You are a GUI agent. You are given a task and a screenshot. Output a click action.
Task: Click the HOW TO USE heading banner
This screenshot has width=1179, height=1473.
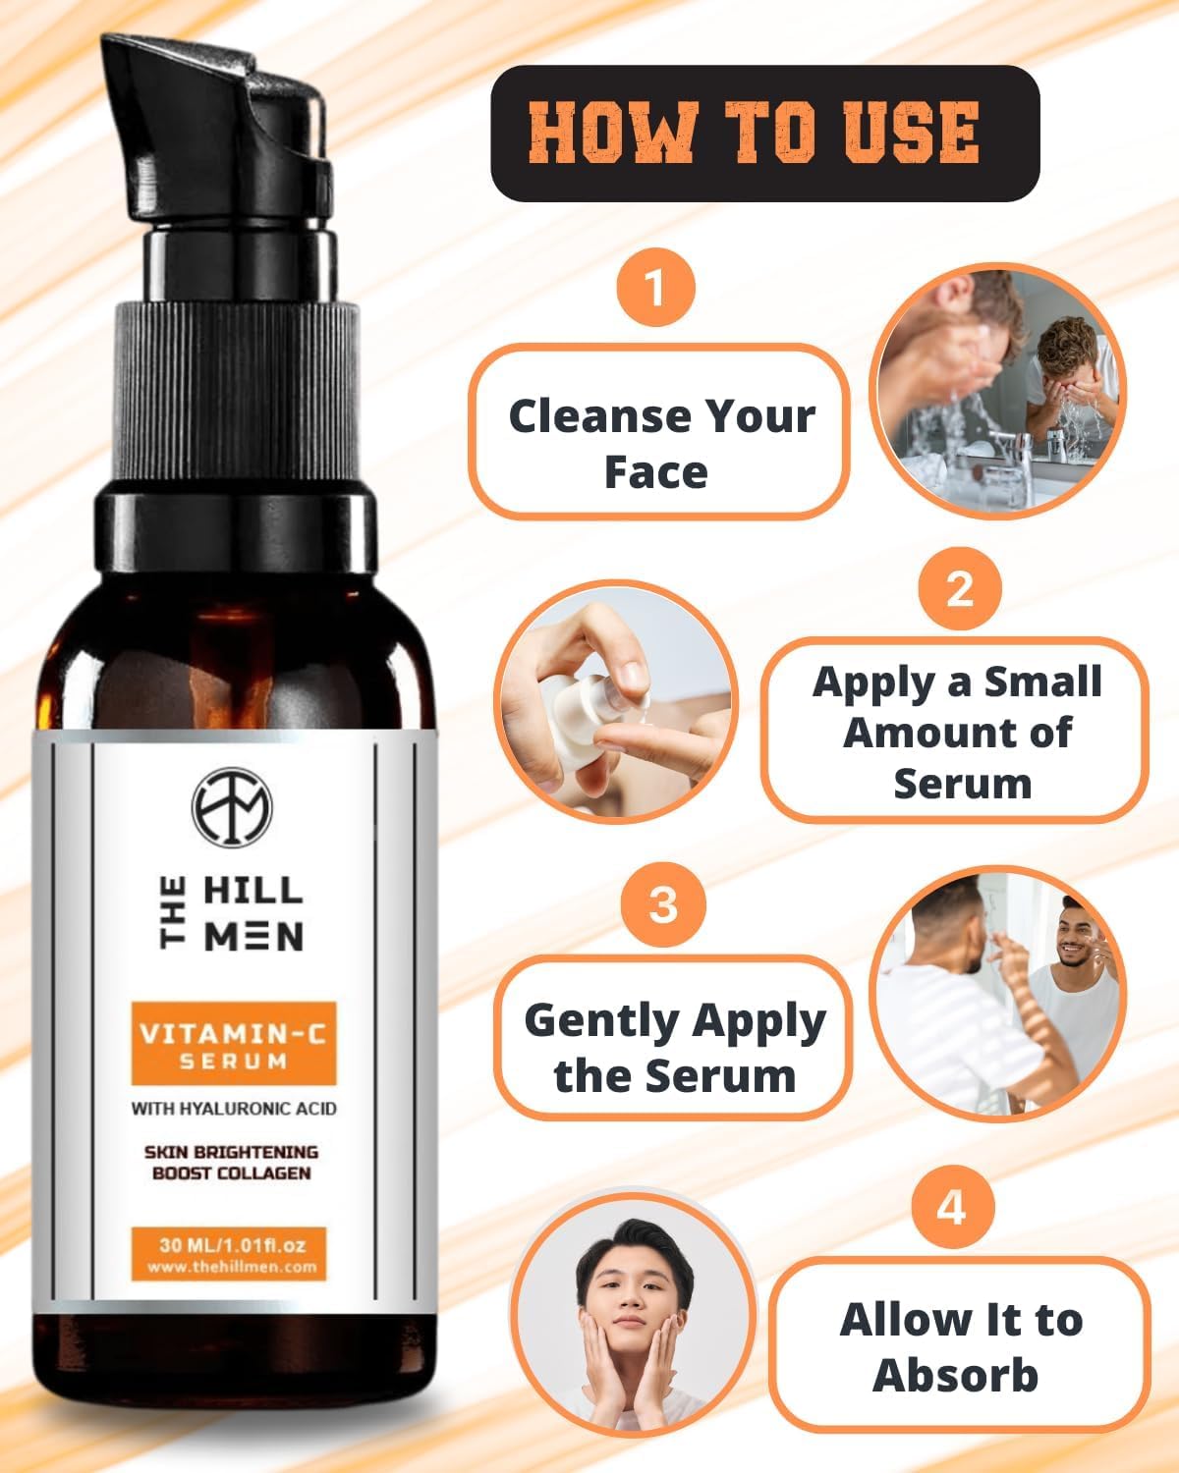[764, 133]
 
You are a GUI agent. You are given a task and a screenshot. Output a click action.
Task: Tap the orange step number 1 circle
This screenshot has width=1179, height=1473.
[654, 290]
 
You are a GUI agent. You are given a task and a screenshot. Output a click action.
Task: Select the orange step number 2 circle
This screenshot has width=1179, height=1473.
[959, 588]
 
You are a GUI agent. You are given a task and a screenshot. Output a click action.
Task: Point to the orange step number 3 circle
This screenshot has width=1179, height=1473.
[663, 902]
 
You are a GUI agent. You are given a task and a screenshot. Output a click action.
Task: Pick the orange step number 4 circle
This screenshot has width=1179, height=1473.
[951, 1206]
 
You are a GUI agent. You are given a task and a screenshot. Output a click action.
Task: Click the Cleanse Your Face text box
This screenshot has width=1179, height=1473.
[658, 432]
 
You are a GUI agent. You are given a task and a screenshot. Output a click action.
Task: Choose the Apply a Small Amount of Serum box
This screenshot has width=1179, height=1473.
[956, 731]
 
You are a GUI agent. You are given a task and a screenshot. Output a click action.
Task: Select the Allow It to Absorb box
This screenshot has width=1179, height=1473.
[959, 1344]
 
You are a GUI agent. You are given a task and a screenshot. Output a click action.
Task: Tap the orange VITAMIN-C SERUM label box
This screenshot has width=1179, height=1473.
[234, 1045]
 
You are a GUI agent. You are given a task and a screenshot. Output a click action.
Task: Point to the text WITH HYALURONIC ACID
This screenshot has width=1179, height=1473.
[234, 1109]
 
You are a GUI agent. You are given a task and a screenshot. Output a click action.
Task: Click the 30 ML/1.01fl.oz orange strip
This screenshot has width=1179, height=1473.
[232, 1254]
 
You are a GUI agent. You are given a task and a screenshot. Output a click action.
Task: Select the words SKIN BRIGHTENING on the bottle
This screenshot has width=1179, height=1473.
[232, 1152]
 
